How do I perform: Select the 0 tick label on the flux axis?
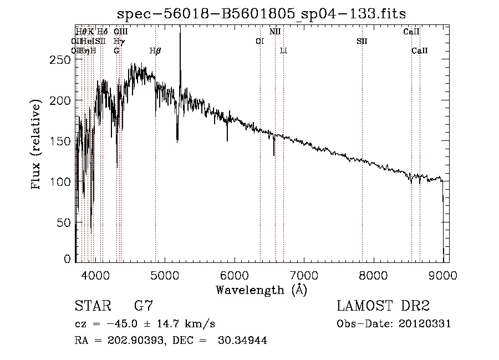[68, 259]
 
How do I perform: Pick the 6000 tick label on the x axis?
[235, 274]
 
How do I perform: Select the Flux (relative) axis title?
[37, 145]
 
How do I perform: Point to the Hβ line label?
[155, 50]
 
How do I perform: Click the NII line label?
[275, 32]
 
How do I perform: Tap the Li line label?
[283, 50]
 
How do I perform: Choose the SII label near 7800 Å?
[362, 41]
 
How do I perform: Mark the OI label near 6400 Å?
[259, 41]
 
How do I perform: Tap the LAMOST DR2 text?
[383, 306]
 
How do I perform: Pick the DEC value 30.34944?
[243, 341]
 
